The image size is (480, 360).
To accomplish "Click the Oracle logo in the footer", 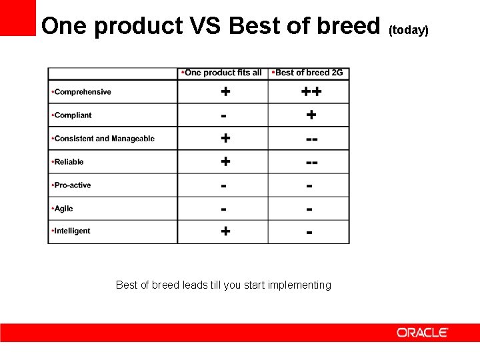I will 423,332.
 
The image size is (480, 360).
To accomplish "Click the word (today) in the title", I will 408,31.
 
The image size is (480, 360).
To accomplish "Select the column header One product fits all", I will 223,73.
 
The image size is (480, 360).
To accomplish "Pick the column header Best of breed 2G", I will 309,73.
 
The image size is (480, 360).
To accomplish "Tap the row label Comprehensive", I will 82,92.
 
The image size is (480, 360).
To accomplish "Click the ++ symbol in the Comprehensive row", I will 311,92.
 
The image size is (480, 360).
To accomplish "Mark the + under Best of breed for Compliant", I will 311,115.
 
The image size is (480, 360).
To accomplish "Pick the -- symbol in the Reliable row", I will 311,162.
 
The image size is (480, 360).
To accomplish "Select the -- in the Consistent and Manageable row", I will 311,139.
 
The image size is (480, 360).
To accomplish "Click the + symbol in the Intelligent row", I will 225,231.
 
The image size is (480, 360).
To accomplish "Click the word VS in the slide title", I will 205,27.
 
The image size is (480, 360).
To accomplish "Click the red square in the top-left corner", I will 18,17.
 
